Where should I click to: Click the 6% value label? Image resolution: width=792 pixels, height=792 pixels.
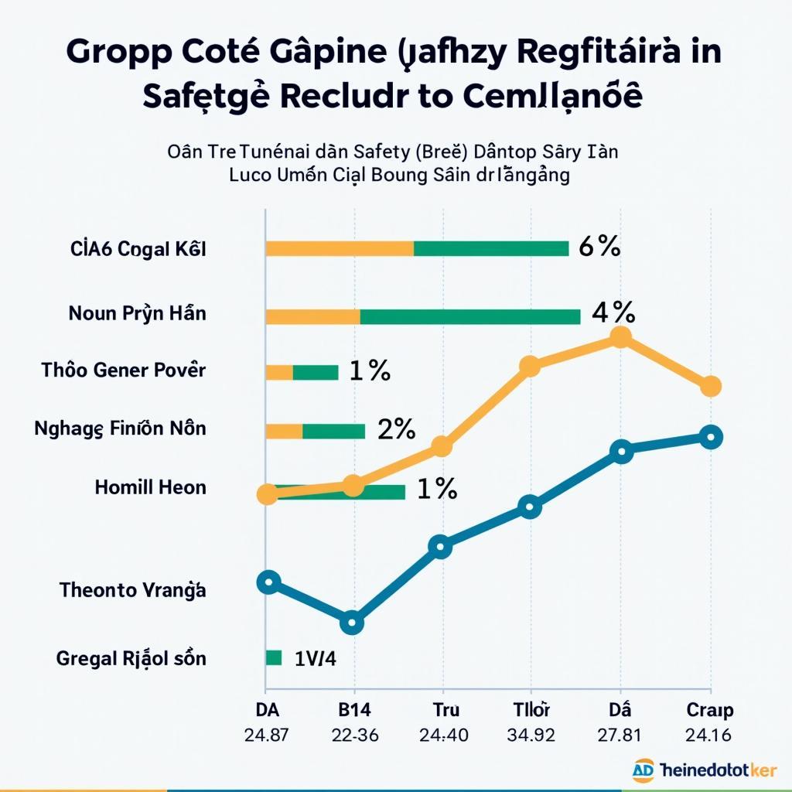click(599, 247)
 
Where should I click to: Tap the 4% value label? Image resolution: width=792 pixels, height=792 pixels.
click(613, 312)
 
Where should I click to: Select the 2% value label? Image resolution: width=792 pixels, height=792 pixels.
click(396, 428)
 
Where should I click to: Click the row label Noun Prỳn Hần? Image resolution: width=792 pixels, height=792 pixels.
click(138, 314)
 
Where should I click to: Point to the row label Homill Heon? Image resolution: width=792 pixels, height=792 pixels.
click(151, 487)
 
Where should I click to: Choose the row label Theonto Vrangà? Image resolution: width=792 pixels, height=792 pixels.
click(133, 590)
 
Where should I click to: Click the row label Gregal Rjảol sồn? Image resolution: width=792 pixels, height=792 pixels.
click(131, 659)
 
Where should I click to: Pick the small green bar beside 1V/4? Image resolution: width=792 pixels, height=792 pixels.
click(273, 657)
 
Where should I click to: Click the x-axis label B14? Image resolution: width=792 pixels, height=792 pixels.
click(354, 710)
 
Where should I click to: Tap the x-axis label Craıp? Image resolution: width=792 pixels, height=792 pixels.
click(710, 710)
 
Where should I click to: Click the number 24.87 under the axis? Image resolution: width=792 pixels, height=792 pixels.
click(266, 736)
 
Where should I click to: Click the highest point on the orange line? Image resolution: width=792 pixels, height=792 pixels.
click(620, 337)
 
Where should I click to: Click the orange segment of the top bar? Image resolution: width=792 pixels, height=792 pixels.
click(340, 248)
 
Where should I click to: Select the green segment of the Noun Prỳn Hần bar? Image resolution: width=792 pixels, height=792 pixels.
click(470, 316)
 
